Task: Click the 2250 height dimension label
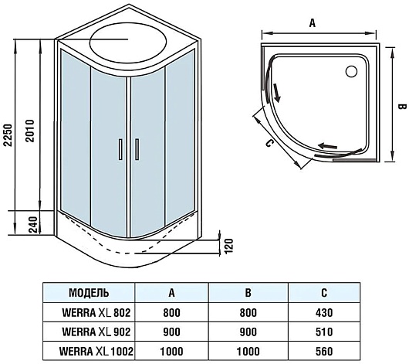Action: pyautogui.click(x=8, y=135)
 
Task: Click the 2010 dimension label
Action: pyautogui.click(x=31, y=131)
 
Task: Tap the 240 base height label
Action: pyautogui.click(x=33, y=224)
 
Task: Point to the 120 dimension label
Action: pyautogui.click(x=228, y=246)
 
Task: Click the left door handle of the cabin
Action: pyautogui.click(x=120, y=149)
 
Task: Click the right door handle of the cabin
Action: pyautogui.click(x=137, y=149)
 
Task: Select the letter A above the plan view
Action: pyautogui.click(x=313, y=23)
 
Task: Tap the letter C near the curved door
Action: pyautogui.click(x=269, y=143)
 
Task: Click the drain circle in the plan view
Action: pyautogui.click(x=351, y=71)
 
